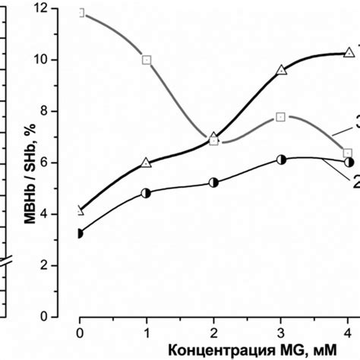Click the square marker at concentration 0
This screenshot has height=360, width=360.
pyautogui.click(x=81, y=14)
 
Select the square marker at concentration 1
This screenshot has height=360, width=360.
pyautogui.click(x=147, y=59)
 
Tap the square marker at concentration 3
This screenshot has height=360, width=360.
pyautogui.click(x=281, y=117)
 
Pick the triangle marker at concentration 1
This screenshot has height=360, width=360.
pyautogui.click(x=147, y=162)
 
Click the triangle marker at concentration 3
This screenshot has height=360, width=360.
pyautogui.click(x=281, y=71)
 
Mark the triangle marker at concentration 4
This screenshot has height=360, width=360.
pyautogui.click(x=349, y=52)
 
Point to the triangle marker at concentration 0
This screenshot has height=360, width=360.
pyautogui.click(x=81, y=210)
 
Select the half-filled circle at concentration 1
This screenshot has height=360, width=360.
pyautogui.click(x=147, y=193)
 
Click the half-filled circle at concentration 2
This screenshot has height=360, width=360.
pyautogui.click(x=214, y=182)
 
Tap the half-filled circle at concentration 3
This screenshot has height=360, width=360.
pyautogui.click(x=281, y=160)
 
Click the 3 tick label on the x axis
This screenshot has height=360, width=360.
pyautogui.click(x=281, y=332)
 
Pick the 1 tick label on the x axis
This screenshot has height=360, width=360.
pyautogui.click(x=147, y=332)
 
